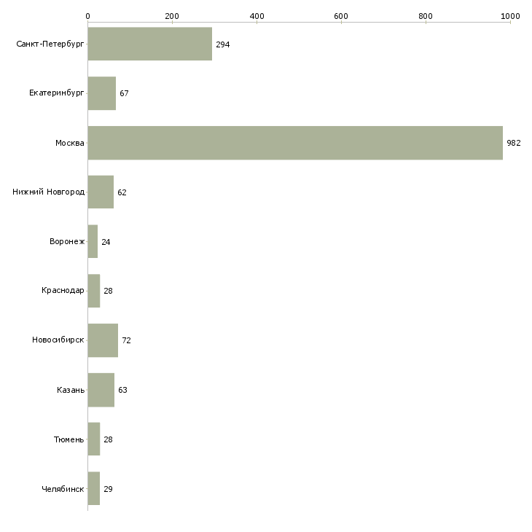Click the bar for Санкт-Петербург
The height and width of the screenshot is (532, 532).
(x=150, y=44)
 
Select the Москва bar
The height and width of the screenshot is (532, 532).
(x=295, y=143)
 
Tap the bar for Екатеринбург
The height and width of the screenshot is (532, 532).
(x=102, y=93)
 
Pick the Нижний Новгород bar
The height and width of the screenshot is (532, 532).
(x=101, y=192)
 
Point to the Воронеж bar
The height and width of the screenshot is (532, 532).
(x=93, y=241)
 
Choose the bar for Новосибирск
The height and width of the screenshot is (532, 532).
(x=103, y=340)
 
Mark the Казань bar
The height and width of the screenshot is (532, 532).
(x=101, y=390)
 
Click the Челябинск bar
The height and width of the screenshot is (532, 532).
(x=94, y=488)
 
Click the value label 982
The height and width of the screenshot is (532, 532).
(x=514, y=143)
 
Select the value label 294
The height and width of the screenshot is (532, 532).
(x=223, y=44)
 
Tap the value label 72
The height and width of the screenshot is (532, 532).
(x=127, y=340)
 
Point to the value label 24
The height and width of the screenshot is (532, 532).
(x=106, y=242)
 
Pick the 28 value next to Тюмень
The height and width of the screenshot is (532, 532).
(x=109, y=439)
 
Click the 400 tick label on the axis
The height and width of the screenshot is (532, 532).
(x=257, y=16)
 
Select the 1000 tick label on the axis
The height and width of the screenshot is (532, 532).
(x=511, y=16)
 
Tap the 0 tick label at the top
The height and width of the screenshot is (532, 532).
(x=88, y=16)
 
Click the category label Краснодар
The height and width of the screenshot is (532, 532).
(x=63, y=291)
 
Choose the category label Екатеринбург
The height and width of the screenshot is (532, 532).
(x=56, y=93)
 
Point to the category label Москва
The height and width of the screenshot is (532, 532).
(x=69, y=143)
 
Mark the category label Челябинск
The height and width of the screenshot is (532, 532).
(x=63, y=489)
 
